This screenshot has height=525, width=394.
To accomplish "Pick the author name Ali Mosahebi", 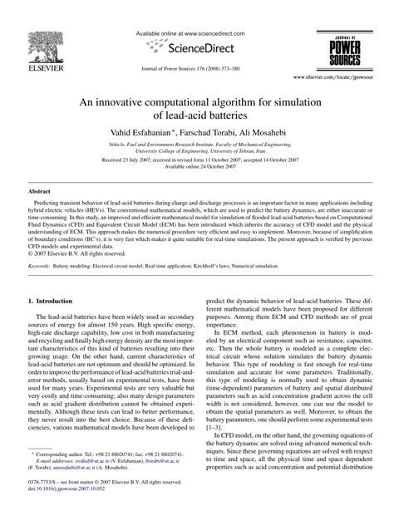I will pos(268,132).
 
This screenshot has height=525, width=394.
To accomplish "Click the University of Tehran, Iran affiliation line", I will pos(197,151).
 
